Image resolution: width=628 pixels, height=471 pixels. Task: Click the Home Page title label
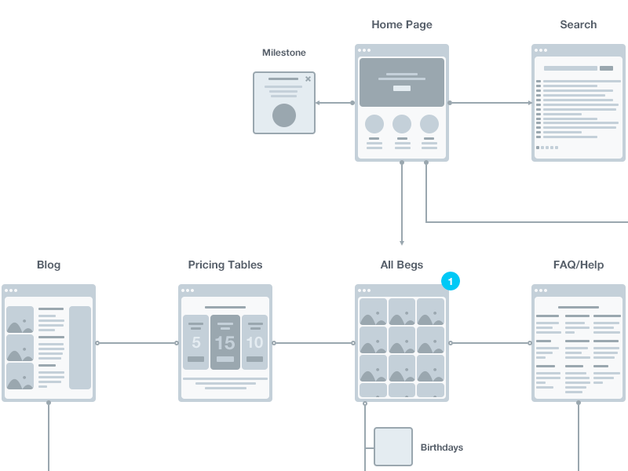click(x=402, y=25)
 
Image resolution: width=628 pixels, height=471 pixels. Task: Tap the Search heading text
click(x=579, y=25)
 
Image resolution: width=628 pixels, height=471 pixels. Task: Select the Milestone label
click(x=284, y=53)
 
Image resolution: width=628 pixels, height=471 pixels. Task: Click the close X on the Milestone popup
click(x=308, y=78)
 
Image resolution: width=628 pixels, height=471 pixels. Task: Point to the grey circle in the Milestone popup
click(x=284, y=115)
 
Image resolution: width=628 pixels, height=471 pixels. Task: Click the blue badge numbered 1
click(x=451, y=280)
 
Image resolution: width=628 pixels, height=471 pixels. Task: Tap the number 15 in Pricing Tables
click(x=225, y=343)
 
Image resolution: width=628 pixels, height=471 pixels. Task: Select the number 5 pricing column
click(x=196, y=343)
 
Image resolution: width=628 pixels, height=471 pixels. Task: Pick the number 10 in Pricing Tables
click(x=254, y=343)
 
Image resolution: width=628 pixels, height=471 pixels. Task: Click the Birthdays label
click(x=442, y=447)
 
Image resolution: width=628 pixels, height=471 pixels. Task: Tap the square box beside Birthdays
click(x=393, y=447)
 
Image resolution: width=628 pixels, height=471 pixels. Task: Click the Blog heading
click(x=49, y=265)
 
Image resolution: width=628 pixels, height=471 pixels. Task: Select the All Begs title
click(x=402, y=265)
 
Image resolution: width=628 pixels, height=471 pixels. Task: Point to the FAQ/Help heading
click(x=579, y=265)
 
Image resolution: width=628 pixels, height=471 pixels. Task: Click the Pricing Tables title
click(x=225, y=265)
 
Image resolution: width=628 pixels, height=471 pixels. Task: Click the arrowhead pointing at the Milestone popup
click(x=317, y=103)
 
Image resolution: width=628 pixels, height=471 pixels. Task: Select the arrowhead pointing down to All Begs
click(x=402, y=243)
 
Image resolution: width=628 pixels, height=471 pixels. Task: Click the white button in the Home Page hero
click(x=402, y=89)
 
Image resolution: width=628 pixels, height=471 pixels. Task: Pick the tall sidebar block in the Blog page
click(x=80, y=347)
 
